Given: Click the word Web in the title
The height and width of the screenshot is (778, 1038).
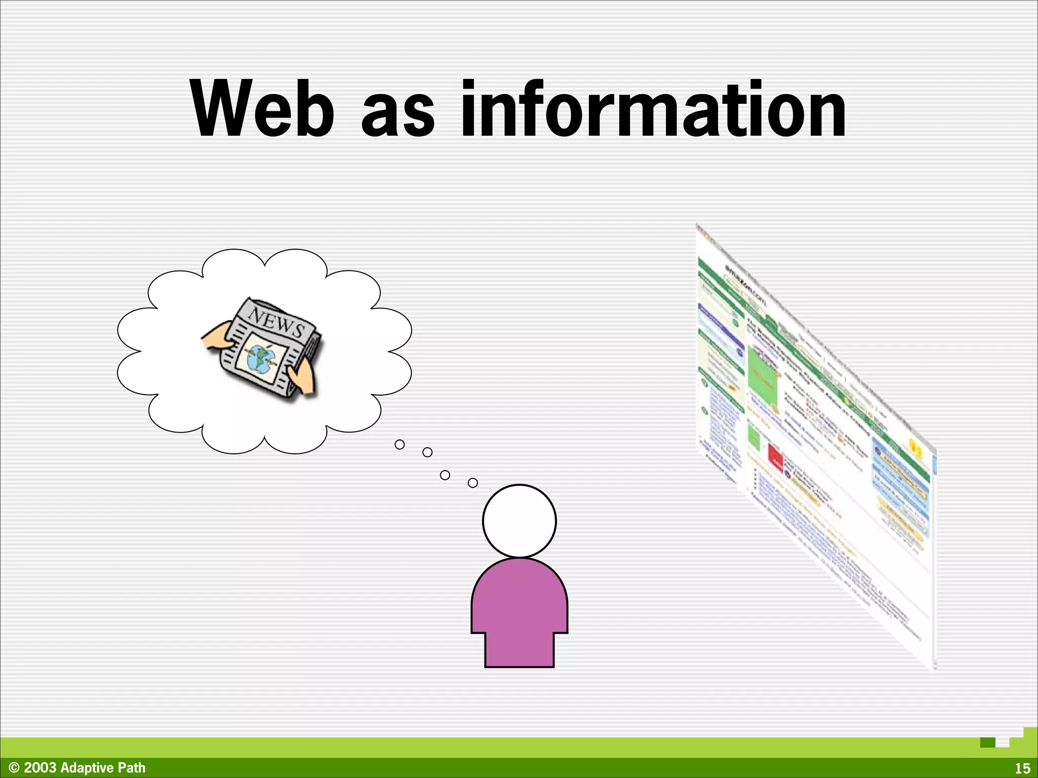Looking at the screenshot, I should pos(263,109).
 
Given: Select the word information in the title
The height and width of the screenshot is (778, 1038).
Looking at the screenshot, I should pos(653,109).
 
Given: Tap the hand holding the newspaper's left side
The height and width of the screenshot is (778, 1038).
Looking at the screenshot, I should pos(217,339).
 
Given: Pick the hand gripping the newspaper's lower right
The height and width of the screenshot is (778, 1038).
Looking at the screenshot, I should pos(303,379).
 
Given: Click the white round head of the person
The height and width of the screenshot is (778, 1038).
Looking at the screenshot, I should pos(519,521).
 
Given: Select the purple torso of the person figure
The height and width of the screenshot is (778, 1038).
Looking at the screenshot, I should pos(519,608).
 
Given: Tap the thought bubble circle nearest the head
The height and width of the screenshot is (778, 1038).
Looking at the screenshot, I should pos(472,483).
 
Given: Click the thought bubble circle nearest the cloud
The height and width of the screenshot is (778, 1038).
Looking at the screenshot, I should pos(399,445).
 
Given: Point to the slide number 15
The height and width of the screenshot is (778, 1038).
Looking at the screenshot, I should pos(1022,768).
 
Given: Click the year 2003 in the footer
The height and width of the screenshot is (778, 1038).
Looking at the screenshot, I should pos(40,768).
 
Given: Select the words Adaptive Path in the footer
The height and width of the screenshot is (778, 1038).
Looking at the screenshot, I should pos(103,768).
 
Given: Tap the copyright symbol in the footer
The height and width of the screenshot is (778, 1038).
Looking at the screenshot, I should pos(14,768).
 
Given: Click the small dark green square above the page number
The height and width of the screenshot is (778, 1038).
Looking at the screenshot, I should pos(987,743).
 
